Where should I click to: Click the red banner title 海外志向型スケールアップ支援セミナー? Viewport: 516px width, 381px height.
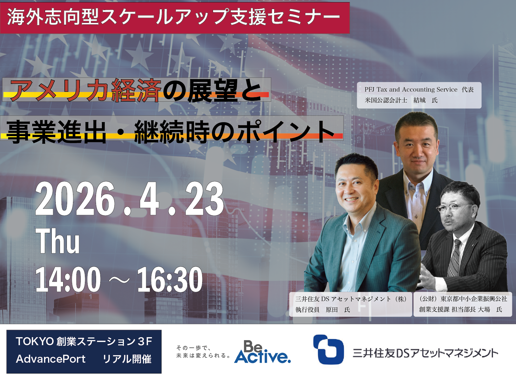pyautogui.click(x=174, y=17)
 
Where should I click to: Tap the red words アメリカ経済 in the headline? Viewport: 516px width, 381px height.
pyautogui.click(x=86, y=91)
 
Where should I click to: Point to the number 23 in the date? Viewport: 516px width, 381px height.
pyautogui.click(x=204, y=199)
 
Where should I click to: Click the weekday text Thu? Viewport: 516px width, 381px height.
pyautogui.click(x=58, y=241)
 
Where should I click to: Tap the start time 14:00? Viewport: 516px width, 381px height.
pyautogui.click(x=68, y=279)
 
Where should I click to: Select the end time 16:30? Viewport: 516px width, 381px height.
pyautogui.click(x=170, y=279)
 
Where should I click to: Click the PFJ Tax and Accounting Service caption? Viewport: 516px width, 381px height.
pyautogui.click(x=419, y=95)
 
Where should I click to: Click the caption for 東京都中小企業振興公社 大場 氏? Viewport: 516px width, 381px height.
pyautogui.click(x=463, y=304)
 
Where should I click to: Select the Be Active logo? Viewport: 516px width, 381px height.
pyautogui.click(x=262, y=352)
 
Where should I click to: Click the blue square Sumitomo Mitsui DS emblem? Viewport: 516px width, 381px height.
pyautogui.click(x=328, y=349)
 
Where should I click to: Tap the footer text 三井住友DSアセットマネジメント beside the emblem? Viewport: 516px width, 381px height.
pyautogui.click(x=425, y=353)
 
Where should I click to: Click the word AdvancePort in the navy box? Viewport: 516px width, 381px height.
pyautogui.click(x=51, y=359)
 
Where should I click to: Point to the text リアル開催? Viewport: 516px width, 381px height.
pyautogui.click(x=127, y=359)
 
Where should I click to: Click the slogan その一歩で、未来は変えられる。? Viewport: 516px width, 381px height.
pyautogui.click(x=203, y=352)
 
